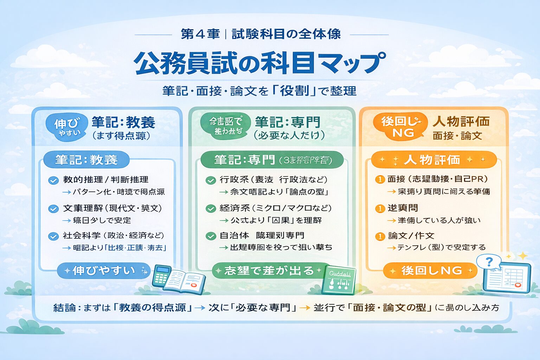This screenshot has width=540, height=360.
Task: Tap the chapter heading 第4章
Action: pos(200,34)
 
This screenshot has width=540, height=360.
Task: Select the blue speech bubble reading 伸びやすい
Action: pos(67,127)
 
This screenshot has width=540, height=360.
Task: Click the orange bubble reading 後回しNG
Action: pos(400,127)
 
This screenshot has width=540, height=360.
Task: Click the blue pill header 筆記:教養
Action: pos(86,160)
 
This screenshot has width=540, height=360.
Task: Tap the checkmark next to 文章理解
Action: pos(53,209)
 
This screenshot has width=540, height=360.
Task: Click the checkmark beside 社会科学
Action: pos(53,236)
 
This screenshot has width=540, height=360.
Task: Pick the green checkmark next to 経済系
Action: pos(211,209)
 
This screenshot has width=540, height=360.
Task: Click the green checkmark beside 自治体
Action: pos(211,236)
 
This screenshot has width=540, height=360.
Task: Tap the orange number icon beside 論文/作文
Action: pos(380,236)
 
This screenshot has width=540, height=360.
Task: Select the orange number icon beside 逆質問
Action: pos(380,208)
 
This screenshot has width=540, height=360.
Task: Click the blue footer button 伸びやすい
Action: pos(104,270)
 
